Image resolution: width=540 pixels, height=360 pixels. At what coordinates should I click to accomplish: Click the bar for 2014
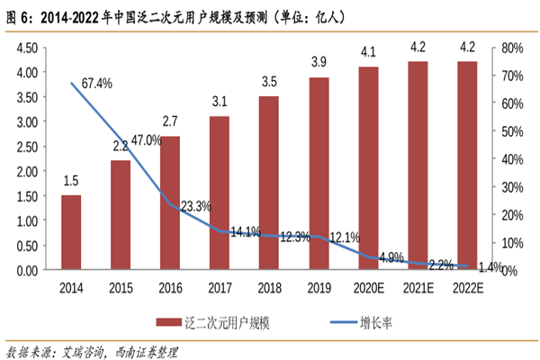(71, 232)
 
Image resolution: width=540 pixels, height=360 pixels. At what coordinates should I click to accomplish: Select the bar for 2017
(220, 193)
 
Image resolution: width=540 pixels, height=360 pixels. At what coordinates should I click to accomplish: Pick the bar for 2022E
(467, 166)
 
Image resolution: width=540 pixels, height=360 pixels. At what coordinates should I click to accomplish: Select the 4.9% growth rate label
(391, 257)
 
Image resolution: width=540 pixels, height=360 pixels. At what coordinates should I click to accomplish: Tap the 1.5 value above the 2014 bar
(71, 181)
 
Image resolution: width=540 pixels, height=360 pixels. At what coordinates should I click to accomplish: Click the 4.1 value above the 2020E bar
(368, 51)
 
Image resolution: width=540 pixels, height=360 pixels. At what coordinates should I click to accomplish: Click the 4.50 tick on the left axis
(25, 48)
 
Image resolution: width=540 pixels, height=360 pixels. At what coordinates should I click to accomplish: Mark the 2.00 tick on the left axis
(25, 171)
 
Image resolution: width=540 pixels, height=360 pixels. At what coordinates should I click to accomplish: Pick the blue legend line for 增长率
(329, 322)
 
